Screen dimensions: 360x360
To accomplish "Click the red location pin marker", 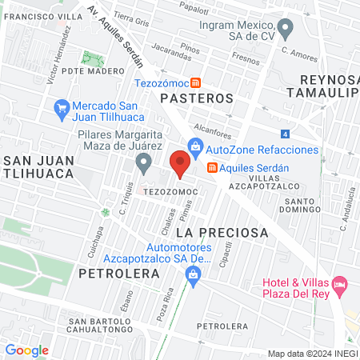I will (x=180, y=165).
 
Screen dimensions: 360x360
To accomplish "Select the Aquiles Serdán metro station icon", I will (x=212, y=167).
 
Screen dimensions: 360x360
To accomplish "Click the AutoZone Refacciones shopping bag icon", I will (x=194, y=146).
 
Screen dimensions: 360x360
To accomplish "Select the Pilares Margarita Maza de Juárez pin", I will (x=143, y=163).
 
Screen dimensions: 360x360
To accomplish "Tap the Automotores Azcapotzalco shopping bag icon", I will (x=191, y=274).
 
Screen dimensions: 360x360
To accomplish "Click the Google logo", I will (x=26, y=350).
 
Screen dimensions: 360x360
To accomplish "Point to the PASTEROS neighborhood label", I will (x=196, y=98).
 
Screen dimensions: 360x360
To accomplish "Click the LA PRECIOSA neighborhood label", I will (x=222, y=232).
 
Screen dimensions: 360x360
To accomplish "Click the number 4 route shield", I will (x=286, y=134).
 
